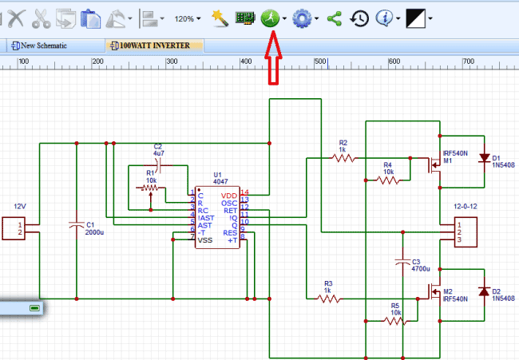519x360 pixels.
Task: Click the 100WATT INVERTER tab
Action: [151, 45]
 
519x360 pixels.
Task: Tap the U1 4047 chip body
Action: [216, 217]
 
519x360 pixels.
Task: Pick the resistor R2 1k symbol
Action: [343, 158]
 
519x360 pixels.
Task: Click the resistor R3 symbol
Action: [329, 299]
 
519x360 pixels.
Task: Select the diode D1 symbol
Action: [484, 159]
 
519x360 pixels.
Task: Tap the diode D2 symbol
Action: [484, 292]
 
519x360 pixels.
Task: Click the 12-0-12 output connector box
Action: [463, 231]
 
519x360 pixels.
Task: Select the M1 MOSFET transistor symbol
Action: [434, 166]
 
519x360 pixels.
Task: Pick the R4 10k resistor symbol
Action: [388, 180]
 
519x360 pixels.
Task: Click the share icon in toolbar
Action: [334, 18]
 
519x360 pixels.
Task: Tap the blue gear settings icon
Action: [301, 18]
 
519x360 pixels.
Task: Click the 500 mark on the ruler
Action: [320, 62]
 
